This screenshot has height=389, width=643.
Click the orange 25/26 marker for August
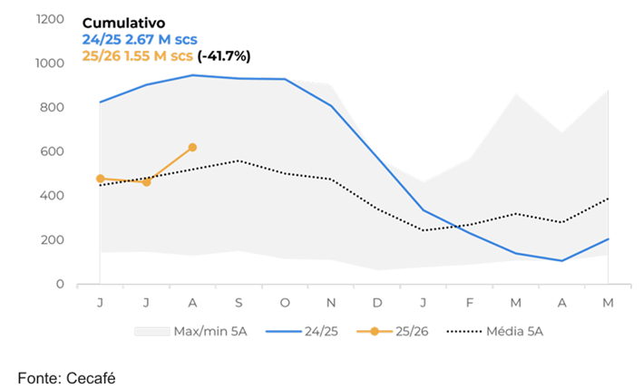tap(192, 147)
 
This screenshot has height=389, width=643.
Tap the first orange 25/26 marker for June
tap(100, 179)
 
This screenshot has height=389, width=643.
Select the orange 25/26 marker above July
tap(146, 182)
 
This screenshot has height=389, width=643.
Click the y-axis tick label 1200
tap(49, 19)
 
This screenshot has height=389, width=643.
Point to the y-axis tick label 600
tap(53, 151)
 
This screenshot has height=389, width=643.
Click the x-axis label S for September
tap(239, 302)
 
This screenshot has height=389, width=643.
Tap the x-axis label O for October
tap(285, 302)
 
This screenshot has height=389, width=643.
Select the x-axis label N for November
tap(331, 302)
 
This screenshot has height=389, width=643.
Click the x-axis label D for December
tap(377, 302)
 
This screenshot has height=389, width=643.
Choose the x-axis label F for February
tap(470, 302)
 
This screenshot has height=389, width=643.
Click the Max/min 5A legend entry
tap(192, 331)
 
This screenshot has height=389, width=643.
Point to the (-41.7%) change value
tap(223, 55)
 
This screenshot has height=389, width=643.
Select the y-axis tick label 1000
tap(49, 63)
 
